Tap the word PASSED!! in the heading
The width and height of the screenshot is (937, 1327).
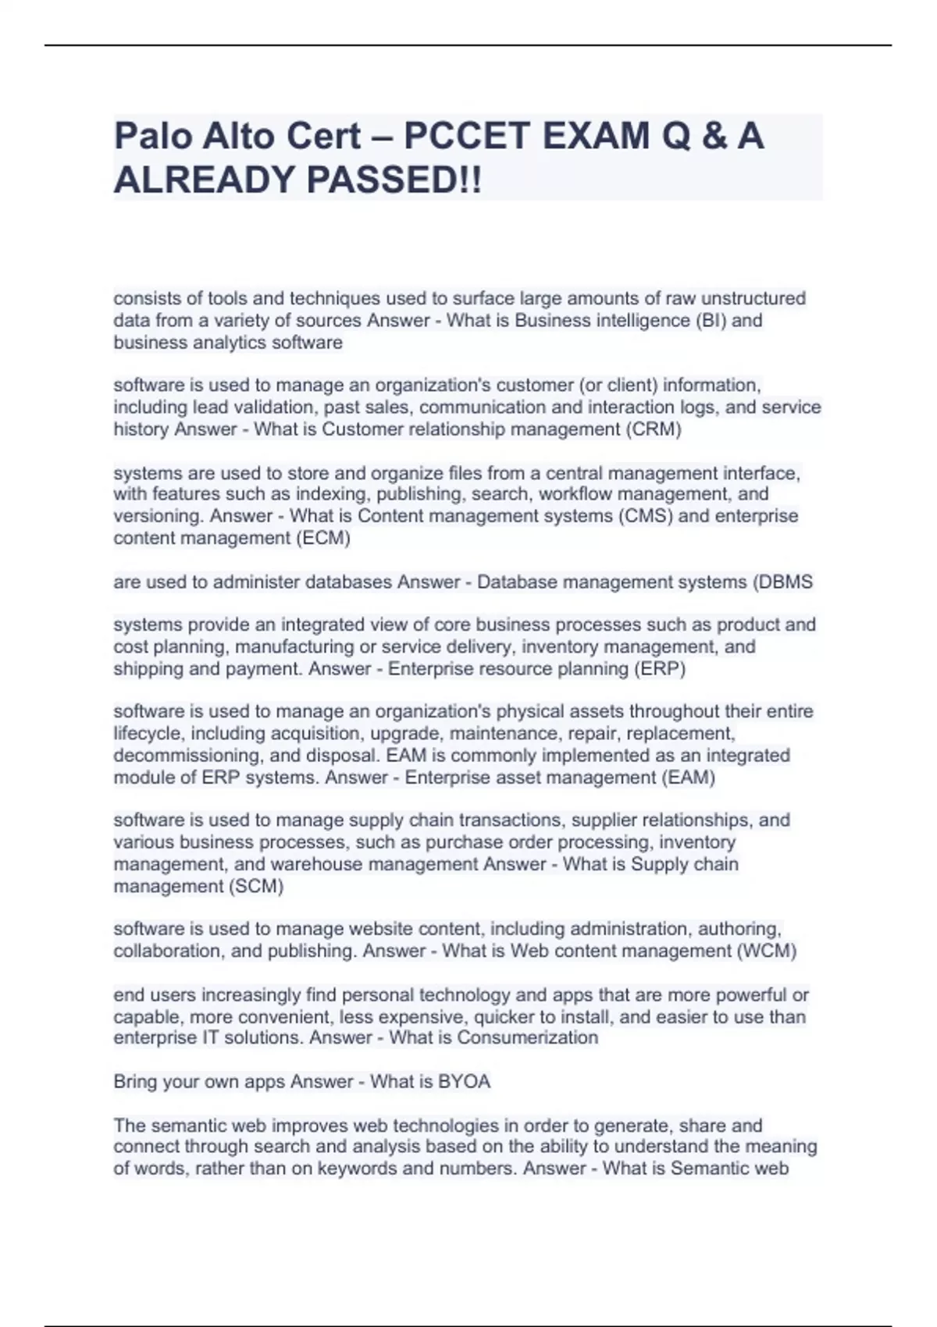[x=394, y=180]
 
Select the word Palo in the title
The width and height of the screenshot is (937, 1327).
[x=153, y=137]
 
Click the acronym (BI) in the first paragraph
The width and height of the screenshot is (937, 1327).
[x=709, y=321]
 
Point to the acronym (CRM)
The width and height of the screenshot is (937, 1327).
[x=654, y=429]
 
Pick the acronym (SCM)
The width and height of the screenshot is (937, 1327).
[x=255, y=886]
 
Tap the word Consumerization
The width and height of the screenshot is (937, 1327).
[x=528, y=1037]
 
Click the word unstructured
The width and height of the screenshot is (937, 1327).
[x=754, y=298]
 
